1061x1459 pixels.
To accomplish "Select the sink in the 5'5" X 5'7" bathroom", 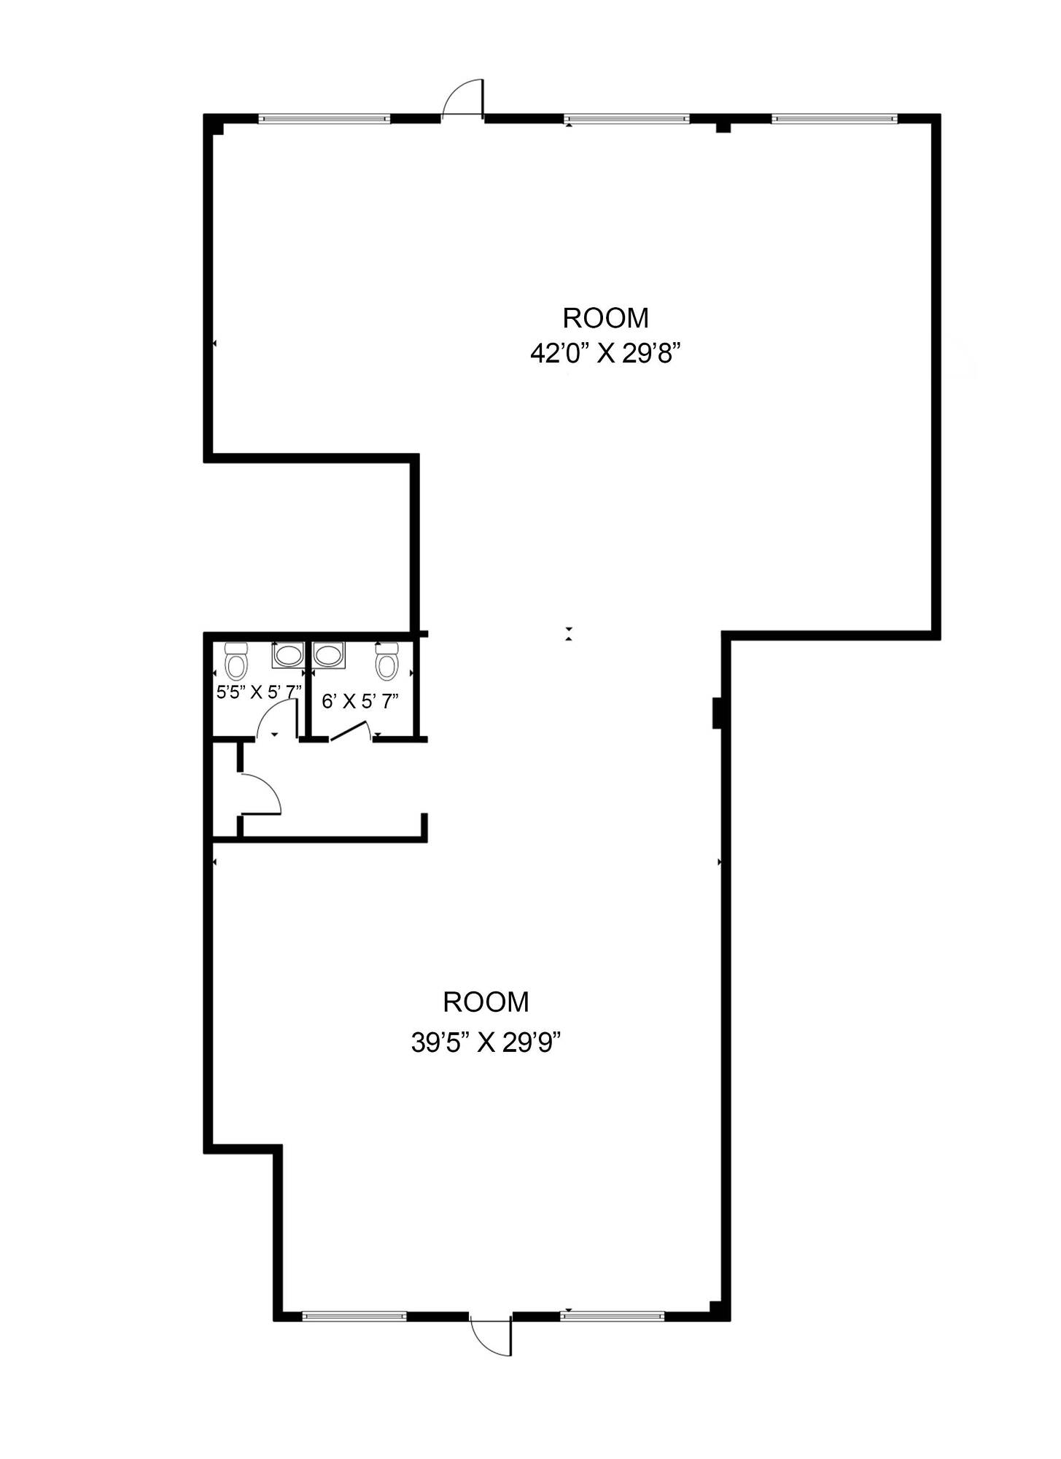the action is point(288,654).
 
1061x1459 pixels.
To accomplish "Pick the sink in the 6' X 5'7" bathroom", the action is point(330,654).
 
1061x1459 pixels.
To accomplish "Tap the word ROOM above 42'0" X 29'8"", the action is point(605,318).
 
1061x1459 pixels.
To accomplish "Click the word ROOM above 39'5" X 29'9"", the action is point(486,1002).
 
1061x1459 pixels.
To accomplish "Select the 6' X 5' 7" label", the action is point(360,702).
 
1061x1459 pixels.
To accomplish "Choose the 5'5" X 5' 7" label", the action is point(259,692).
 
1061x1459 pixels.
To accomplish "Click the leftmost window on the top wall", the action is point(324,118).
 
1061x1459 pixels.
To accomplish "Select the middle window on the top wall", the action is point(627,118).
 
